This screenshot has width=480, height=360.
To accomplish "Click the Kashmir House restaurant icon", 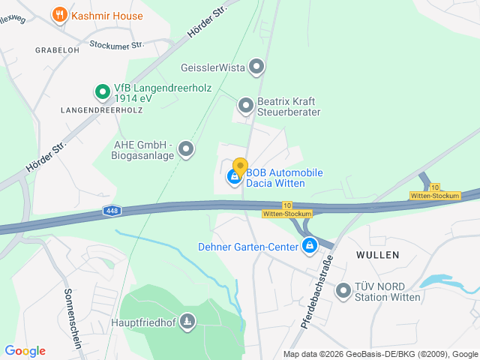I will click(x=59, y=14).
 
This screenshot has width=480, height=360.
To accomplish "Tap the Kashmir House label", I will click(x=106, y=14).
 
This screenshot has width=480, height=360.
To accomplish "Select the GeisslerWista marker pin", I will click(x=256, y=67).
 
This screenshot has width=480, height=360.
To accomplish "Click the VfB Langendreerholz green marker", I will click(x=102, y=92).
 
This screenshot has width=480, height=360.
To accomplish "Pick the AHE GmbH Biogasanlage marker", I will click(x=185, y=149).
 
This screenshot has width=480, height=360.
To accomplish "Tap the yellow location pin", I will click(x=240, y=166).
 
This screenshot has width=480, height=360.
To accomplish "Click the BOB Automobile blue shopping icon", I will click(x=234, y=178).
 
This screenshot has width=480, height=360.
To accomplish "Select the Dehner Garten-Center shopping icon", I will click(x=309, y=246).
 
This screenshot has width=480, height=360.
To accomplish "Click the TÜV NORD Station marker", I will click(x=343, y=290).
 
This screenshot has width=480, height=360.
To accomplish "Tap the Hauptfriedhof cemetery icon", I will click(x=187, y=322).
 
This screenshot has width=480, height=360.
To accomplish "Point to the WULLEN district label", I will click(x=378, y=255).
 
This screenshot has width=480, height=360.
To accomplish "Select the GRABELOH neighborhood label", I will click(x=57, y=49).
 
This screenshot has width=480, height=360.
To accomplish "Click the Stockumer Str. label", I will click(x=116, y=45).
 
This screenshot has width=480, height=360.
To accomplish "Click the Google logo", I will click(x=25, y=350).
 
